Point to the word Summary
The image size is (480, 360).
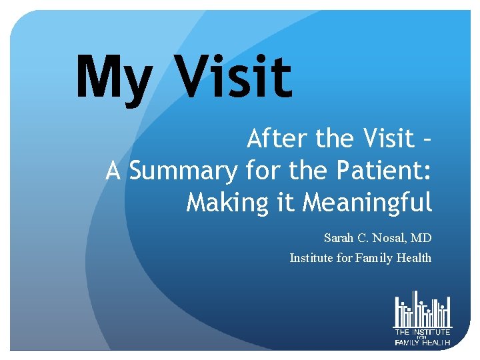pos(183,171)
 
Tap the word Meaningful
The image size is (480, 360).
pos(367,201)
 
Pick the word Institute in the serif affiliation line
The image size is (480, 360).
pos(311,258)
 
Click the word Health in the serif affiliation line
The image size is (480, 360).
pos(414,258)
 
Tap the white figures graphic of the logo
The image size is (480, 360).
pos(423,309)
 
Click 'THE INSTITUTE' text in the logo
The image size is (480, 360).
pos(423,331)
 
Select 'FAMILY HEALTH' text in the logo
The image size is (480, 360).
pos(423,343)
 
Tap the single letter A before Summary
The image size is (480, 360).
pos(113,171)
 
